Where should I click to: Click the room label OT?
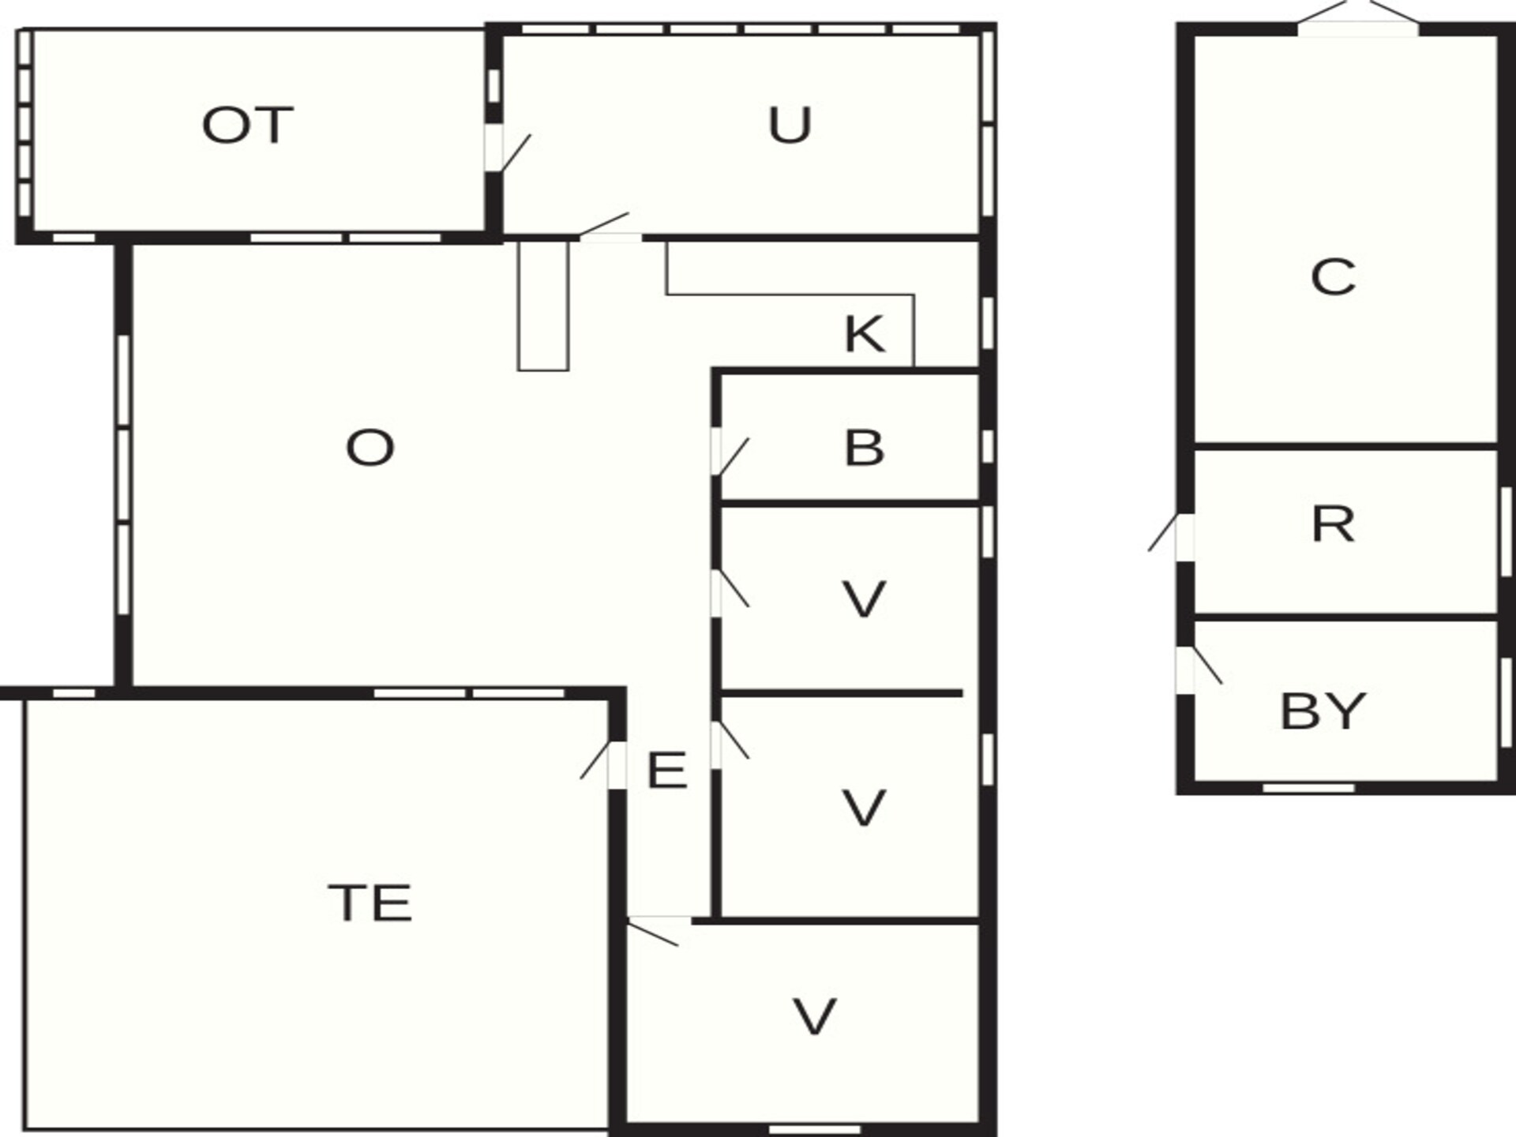tap(248, 126)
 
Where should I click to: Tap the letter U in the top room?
tap(790, 125)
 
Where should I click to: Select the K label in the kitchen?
tap(865, 333)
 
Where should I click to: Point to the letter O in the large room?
tap(370, 448)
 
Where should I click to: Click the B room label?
tap(865, 448)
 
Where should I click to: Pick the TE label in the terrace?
tap(370, 902)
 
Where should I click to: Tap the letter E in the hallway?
tap(666, 770)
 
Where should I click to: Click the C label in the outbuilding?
tap(1333, 277)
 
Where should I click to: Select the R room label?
tap(1333, 523)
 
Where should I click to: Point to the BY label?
tap(1323, 711)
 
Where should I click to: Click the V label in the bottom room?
tap(814, 1016)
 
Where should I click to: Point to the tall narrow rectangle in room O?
tap(543, 305)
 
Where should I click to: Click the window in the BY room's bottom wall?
tap(1308, 788)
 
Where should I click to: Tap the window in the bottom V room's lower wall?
tap(815, 1129)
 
